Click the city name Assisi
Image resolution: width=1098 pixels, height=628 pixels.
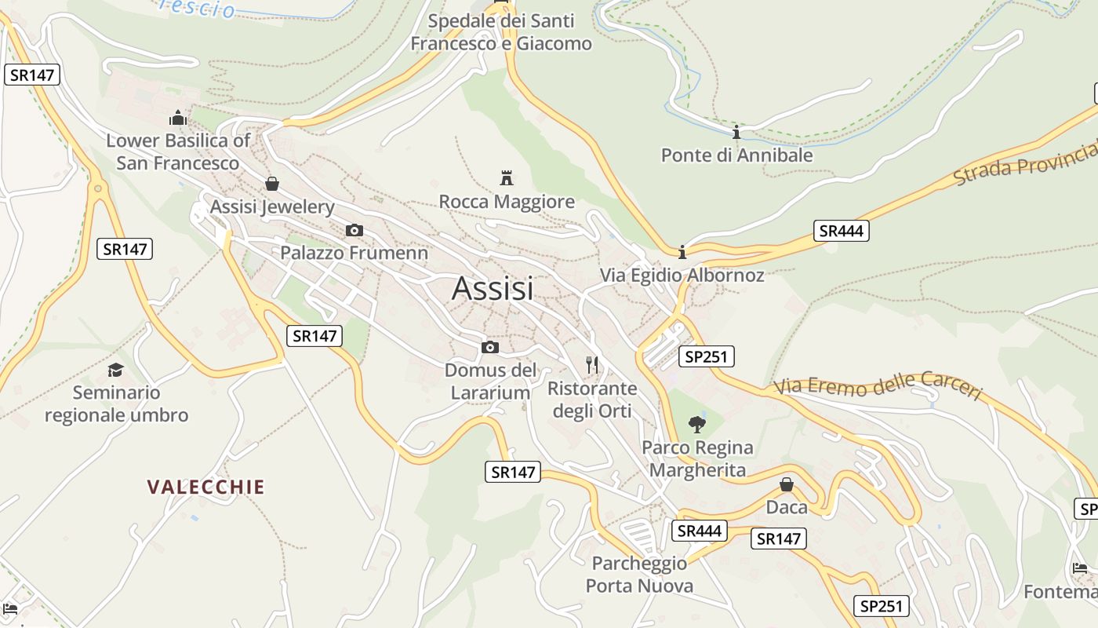pos(493,289)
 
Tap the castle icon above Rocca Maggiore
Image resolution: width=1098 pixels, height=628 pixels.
pos(507,177)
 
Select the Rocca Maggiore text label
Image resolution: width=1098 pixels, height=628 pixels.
pos(507,202)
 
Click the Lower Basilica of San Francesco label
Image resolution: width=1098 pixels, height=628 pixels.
pos(178,152)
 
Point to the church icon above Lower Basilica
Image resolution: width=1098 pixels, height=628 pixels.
pos(178,118)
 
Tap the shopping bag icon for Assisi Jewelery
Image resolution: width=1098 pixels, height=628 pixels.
pos(272,184)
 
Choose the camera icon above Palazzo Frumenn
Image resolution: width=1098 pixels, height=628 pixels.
pos(354,230)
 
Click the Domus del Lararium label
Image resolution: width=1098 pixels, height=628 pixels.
pos(491,381)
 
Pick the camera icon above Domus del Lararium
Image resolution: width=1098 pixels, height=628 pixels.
pos(490,347)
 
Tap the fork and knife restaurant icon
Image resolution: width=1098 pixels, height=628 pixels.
pos(592,364)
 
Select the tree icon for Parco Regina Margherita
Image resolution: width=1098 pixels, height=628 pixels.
pos(697,425)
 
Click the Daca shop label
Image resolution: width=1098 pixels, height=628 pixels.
pos(787,507)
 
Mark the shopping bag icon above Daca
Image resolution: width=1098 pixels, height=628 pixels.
pos(787,484)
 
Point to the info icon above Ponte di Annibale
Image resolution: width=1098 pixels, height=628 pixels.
pos(736,132)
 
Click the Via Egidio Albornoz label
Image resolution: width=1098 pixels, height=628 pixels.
pos(682,275)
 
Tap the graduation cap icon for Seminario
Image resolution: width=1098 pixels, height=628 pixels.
pos(116,369)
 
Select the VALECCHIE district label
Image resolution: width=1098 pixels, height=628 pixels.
pos(205,487)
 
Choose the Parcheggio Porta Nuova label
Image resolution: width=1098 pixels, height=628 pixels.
pos(639,574)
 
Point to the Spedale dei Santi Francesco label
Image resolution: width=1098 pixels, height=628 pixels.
pos(501,32)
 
